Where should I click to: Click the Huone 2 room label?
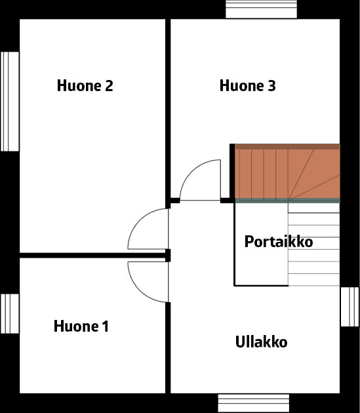coord(85,86)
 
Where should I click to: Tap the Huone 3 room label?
coord(247,86)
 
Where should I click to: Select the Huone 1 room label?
coord(81,326)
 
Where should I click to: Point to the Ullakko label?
coord(261,342)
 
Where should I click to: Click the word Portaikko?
coord(279,241)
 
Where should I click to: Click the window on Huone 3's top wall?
coord(261,9)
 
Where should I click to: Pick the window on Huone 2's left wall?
coord(10,102)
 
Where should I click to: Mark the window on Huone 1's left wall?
coord(10,313)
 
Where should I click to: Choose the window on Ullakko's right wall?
coord(350,307)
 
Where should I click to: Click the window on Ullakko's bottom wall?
coord(254,403)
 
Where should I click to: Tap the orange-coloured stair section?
coord(287,174)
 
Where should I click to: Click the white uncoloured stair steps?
coord(314,245)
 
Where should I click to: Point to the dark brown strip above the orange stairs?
coord(287,146)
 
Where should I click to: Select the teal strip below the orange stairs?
coord(287,201)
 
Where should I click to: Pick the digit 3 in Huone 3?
coord(271,86)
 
